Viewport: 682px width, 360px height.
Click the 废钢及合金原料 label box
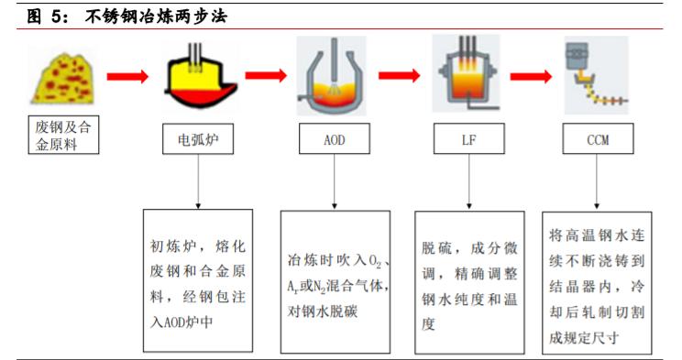[60, 136]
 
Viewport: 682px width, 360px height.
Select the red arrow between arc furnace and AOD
[266, 76]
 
